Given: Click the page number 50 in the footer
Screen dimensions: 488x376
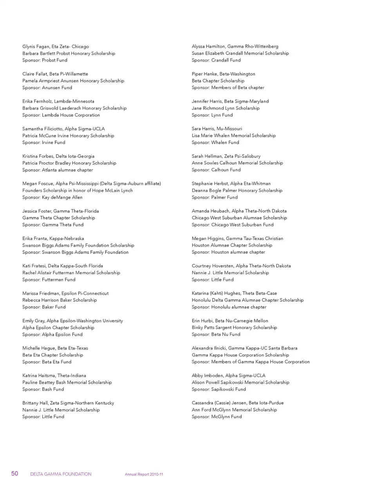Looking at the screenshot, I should click(14, 473).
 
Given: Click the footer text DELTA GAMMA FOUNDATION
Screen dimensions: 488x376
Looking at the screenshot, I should click(61, 474).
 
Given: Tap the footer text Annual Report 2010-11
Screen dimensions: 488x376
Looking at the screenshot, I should click(144, 474).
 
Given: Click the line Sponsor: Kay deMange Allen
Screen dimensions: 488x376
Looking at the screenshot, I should click(52, 198).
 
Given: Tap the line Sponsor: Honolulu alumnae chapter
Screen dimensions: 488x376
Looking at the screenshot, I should click(229, 307).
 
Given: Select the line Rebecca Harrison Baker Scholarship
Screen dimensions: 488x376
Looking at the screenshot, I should click(60, 300).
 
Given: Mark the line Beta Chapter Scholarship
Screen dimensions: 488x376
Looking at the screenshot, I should click(218, 81).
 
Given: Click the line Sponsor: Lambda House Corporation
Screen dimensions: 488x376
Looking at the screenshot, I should click(61, 115).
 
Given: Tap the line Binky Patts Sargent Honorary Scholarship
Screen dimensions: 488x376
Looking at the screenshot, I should click(234, 328).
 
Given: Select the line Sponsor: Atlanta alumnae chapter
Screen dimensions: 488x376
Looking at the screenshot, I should click(58, 170).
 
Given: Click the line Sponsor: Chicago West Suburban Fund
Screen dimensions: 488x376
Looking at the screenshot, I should click(233, 225).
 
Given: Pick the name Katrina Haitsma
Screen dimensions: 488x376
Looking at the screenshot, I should click(38, 376).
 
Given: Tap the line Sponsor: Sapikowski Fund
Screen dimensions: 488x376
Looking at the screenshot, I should click(219, 390).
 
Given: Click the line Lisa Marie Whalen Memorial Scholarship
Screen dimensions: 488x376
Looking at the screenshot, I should click(233, 136).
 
